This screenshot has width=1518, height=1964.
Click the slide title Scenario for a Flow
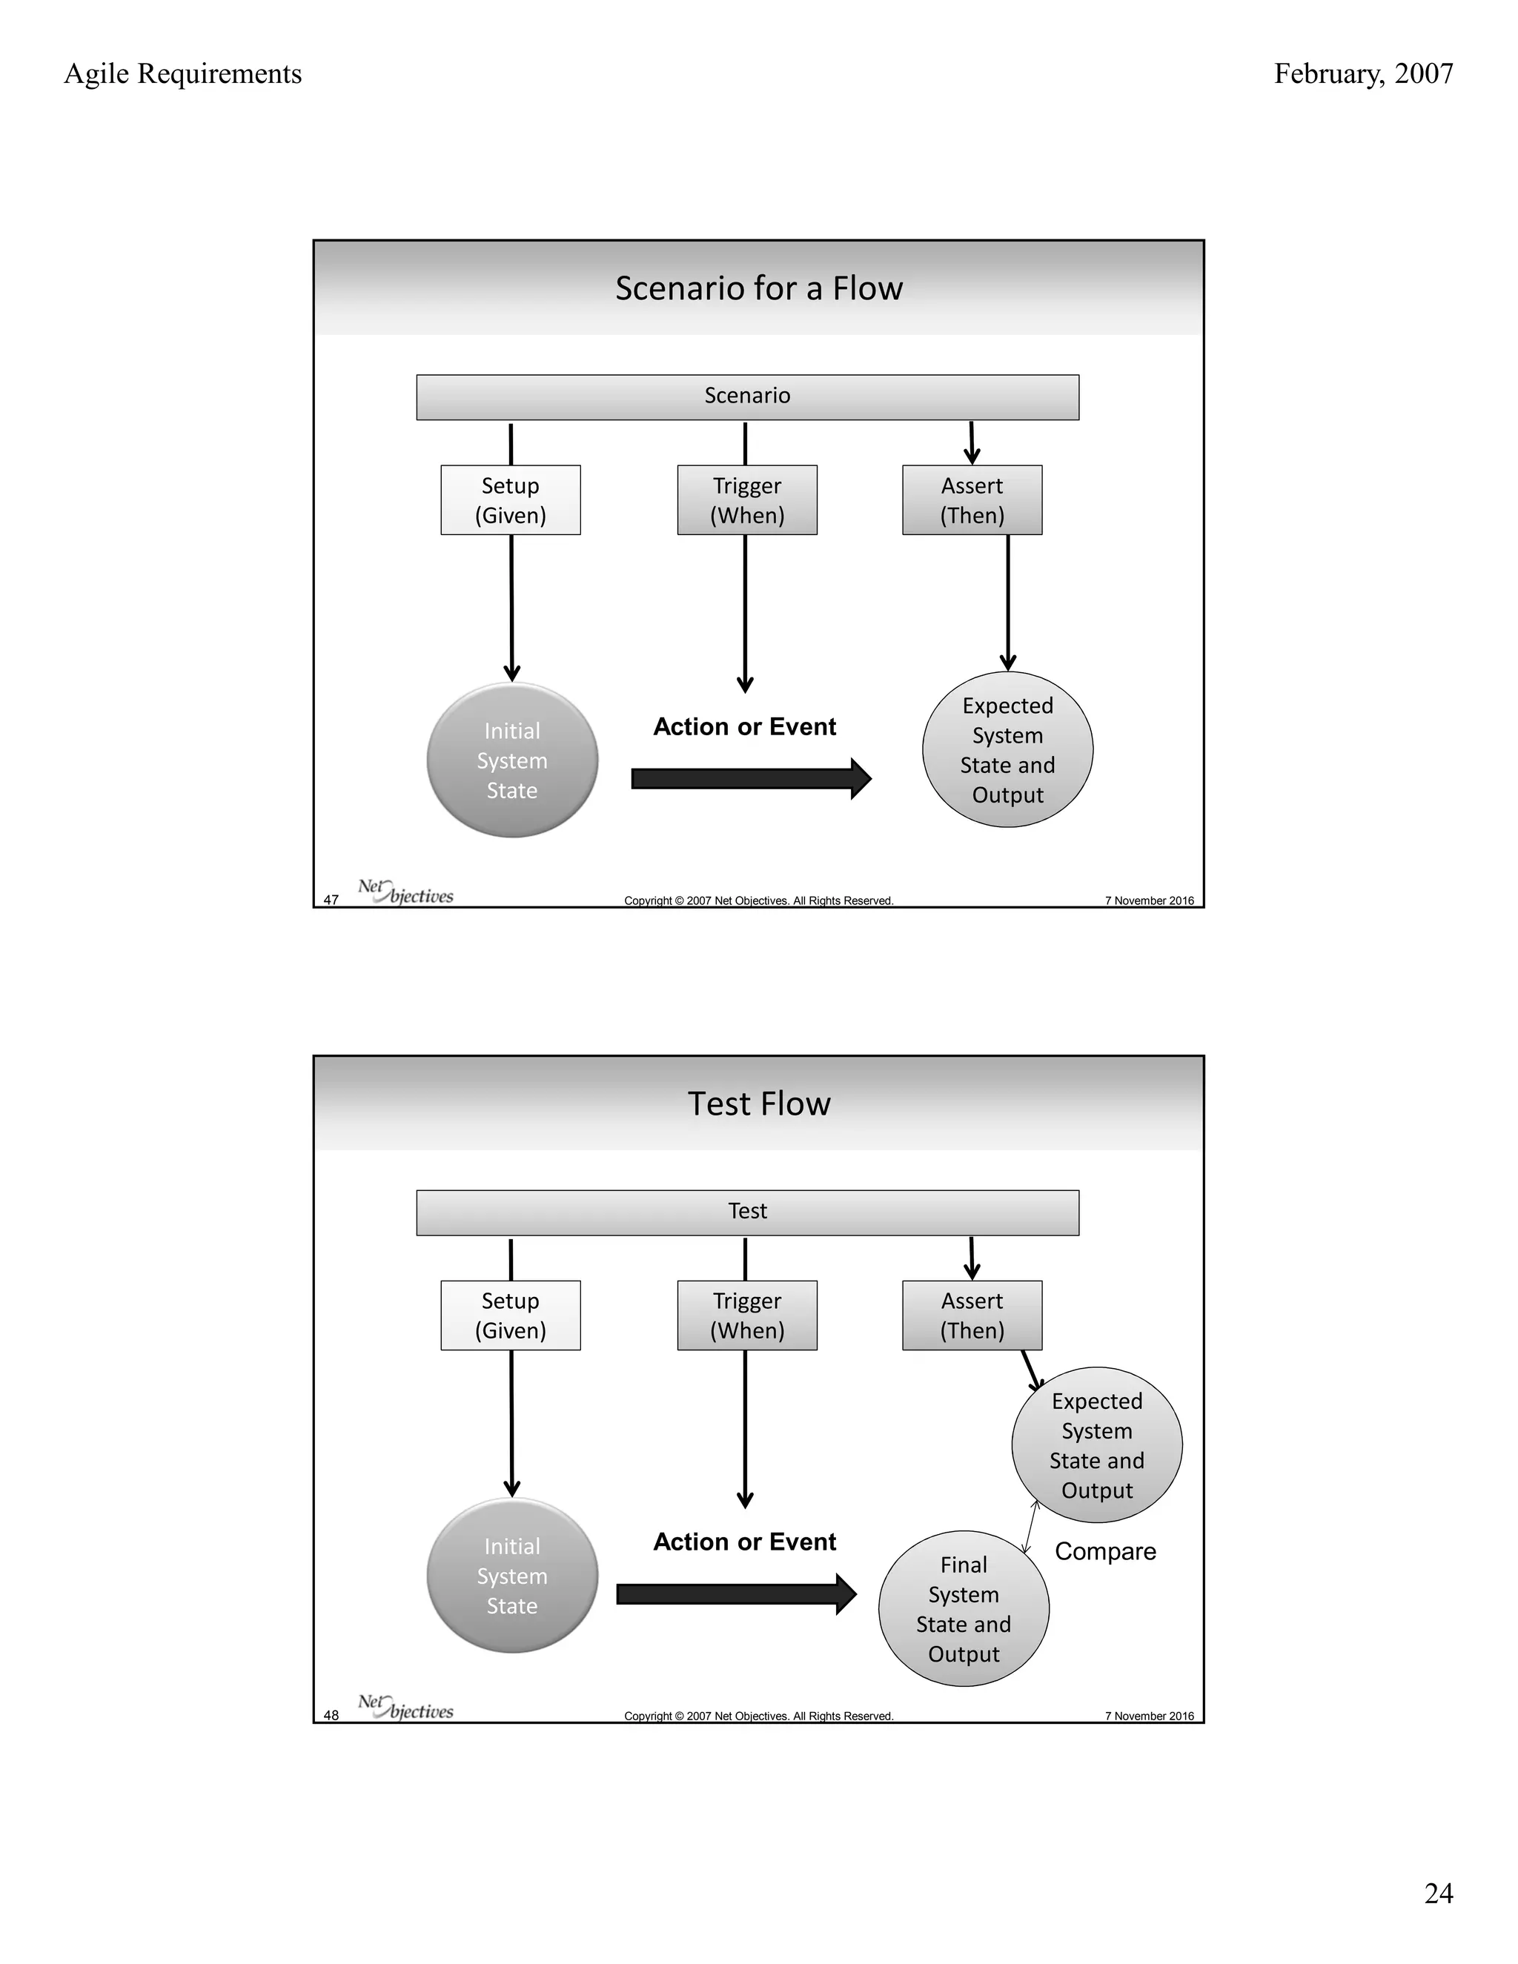click(x=758, y=288)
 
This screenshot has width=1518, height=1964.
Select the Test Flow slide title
click(x=758, y=1104)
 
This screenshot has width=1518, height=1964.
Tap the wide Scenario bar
click(x=746, y=397)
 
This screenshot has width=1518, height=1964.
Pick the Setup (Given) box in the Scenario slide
click(x=510, y=500)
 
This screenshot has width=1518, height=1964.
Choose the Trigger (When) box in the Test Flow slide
click(x=746, y=1316)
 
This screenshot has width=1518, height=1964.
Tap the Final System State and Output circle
click(x=963, y=1609)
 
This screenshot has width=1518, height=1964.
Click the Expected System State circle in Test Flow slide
click(x=1096, y=1445)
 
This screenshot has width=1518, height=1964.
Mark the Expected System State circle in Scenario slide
click(x=1007, y=750)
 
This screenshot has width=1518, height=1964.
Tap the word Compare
click(x=1105, y=1551)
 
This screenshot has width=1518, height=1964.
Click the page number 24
click(x=1438, y=1893)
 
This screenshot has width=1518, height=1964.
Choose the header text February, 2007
click(x=1362, y=73)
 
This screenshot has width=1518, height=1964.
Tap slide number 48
click(x=331, y=1716)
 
